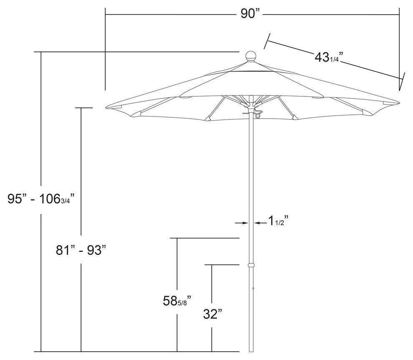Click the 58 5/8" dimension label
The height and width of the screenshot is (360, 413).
tap(177, 301)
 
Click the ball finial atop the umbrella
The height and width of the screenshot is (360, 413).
tap(251, 56)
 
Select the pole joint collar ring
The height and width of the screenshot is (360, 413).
tap(251, 265)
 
